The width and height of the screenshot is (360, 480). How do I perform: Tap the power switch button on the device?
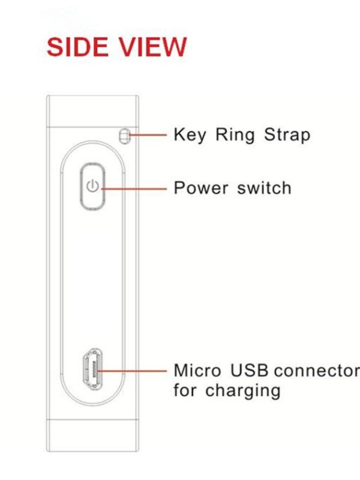[x=92, y=186]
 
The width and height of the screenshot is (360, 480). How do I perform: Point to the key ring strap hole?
[x=124, y=136]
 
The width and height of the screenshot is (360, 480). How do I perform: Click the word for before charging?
[x=186, y=391]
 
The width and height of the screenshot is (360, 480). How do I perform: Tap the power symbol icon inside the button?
[x=92, y=186]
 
